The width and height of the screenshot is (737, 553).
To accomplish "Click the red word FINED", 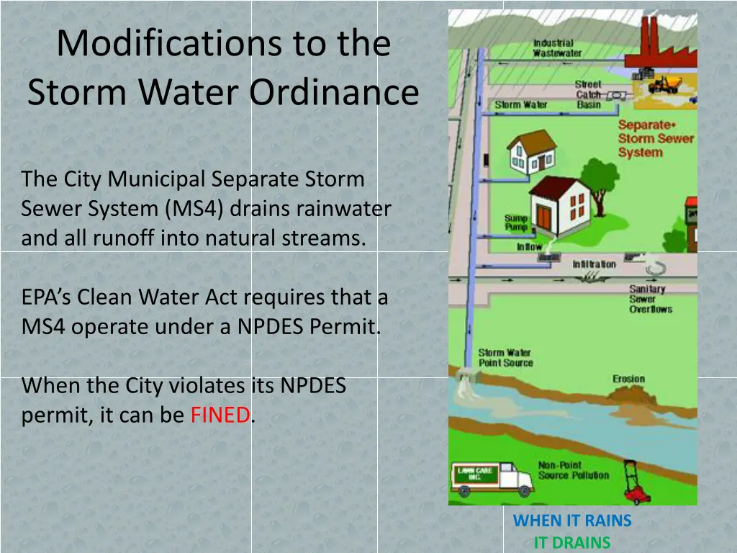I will (x=220, y=415).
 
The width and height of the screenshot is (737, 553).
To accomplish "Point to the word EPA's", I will (x=46, y=297).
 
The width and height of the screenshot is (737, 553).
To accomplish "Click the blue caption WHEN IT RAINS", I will (x=572, y=521).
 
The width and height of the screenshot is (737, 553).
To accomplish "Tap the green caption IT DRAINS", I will (x=572, y=542).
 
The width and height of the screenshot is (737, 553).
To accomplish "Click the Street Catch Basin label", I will (x=588, y=94).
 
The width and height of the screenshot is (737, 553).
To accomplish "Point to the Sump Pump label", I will (x=515, y=222).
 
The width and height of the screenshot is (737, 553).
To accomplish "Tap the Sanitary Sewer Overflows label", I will (x=650, y=299).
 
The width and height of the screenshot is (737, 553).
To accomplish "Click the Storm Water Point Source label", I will (x=505, y=358).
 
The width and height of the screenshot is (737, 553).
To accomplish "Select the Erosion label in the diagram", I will (x=628, y=379).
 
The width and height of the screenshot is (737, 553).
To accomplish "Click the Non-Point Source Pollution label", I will (x=573, y=470).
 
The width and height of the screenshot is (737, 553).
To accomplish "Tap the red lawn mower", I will (x=635, y=483).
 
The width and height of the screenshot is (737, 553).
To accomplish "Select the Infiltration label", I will (x=594, y=264).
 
